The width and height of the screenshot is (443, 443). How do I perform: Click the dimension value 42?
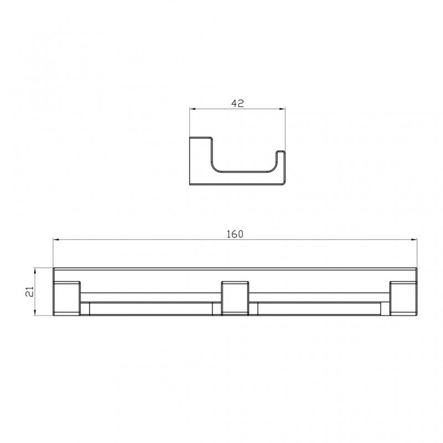click(238, 103)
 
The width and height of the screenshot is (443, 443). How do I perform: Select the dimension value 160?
click(235, 234)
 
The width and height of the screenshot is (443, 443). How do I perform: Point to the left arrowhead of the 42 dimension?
click(193, 109)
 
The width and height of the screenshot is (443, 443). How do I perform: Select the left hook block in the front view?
click(67, 299)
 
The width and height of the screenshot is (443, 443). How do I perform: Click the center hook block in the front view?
click(235, 299)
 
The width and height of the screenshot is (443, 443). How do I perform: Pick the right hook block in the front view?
click(403, 299)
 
